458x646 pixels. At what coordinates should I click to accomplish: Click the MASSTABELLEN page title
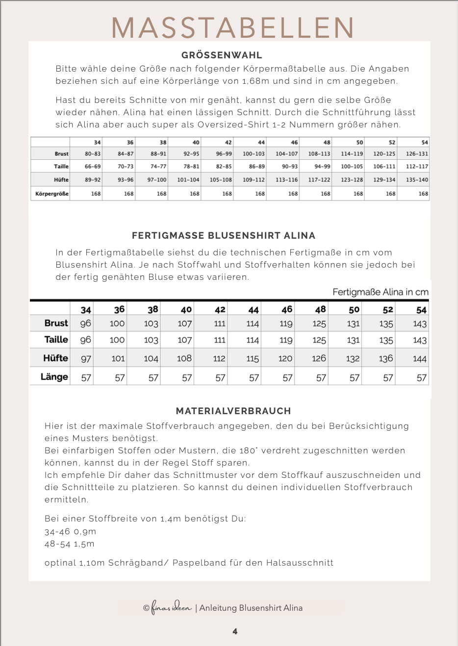point(233,28)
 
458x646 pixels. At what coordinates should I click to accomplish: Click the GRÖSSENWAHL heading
point(222,55)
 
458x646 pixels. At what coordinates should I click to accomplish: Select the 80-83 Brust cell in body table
point(93,154)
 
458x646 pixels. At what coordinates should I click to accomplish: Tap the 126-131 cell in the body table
point(417,154)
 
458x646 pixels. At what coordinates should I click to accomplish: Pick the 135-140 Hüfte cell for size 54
point(417,180)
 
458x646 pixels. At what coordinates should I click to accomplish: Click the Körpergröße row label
point(52,194)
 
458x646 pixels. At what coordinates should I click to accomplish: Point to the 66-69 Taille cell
point(93,167)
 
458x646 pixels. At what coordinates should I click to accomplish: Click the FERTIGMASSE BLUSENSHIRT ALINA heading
point(224,236)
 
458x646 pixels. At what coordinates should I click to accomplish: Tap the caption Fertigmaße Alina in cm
point(381,292)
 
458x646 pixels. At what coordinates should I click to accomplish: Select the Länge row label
point(54,377)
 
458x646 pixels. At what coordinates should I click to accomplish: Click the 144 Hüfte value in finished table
point(419,359)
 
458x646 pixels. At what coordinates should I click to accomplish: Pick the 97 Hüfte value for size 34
point(86,359)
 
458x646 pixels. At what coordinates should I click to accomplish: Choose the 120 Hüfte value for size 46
point(285,359)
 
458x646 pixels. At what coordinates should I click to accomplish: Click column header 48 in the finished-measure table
point(320,310)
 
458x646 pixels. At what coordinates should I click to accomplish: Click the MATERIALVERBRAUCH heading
point(233,411)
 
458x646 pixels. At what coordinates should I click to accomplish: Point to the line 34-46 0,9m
point(70,532)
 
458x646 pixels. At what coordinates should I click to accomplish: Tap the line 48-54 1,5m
point(69,544)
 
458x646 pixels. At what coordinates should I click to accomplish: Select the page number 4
point(235,631)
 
